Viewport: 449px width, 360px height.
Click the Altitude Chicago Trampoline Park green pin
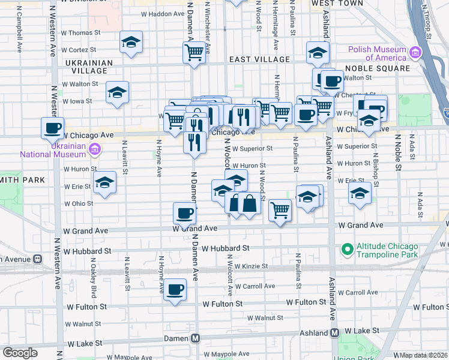click(346, 248)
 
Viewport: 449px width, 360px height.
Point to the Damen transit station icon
click(196, 338)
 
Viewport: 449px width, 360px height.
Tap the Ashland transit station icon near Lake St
click(336, 332)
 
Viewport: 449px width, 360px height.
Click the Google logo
click(20, 353)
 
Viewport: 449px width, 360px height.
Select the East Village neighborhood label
click(260, 60)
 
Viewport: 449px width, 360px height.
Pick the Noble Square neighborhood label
click(378, 68)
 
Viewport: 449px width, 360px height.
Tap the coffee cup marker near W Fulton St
click(175, 290)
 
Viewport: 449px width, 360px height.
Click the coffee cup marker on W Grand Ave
click(185, 212)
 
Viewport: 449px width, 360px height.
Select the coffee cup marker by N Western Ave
click(53, 128)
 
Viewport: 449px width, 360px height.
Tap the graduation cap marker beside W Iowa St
click(117, 92)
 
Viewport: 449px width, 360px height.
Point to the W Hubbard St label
click(226, 248)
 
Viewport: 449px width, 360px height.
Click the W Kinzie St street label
click(251, 266)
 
